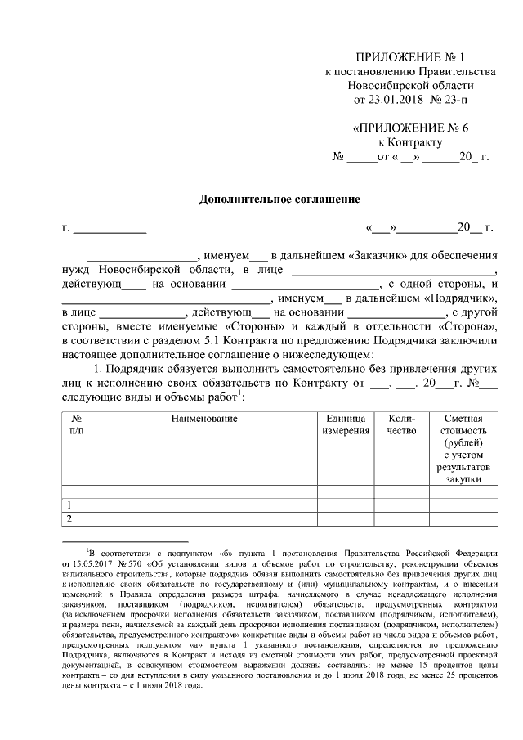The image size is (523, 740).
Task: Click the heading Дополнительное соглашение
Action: pyautogui.click(x=280, y=199)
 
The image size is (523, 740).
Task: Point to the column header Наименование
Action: pyautogui.click(x=204, y=419)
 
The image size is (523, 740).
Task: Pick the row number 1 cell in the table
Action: pyautogui.click(x=69, y=505)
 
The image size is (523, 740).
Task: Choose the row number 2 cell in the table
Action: pyautogui.click(x=69, y=518)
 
